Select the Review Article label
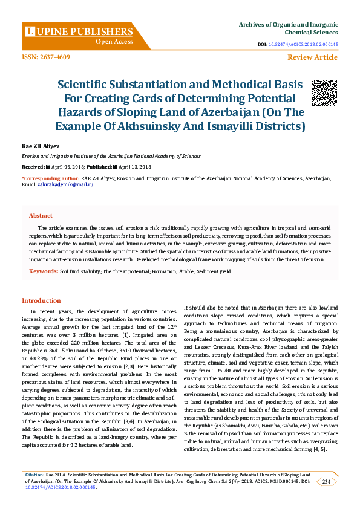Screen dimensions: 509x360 point(312,57)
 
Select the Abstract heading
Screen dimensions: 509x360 point(41,215)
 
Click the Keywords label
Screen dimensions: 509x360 point(43,271)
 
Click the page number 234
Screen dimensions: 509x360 point(326,481)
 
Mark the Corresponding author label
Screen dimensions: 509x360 point(50,178)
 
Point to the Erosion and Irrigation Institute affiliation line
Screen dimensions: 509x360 point(111,155)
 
